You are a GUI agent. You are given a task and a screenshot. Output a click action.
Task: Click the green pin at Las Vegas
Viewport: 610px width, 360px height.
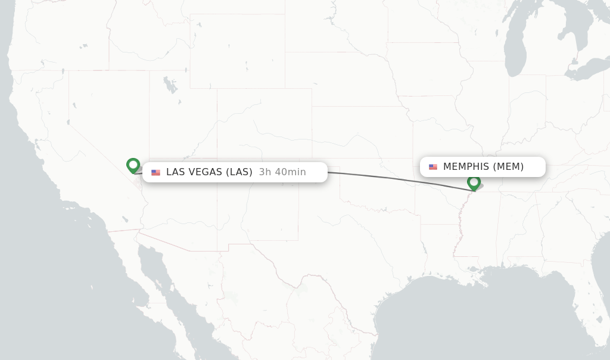[133, 165]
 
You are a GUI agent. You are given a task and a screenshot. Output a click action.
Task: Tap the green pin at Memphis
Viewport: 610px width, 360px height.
[474, 182]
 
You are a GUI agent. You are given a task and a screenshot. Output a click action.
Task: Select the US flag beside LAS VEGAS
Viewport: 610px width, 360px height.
[155, 172]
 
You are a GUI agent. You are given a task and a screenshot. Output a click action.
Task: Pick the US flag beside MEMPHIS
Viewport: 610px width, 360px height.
[433, 167]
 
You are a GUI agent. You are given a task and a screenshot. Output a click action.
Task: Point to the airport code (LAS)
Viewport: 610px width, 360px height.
[239, 172]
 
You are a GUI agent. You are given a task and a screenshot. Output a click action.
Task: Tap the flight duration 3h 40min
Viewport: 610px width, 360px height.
[282, 172]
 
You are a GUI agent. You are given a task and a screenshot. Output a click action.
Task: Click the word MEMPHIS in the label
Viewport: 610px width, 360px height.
[466, 167]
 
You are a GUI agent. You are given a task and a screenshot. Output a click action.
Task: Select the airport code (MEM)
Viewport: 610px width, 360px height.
[508, 167]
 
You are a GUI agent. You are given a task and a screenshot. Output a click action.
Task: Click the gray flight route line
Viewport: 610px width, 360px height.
[387, 177]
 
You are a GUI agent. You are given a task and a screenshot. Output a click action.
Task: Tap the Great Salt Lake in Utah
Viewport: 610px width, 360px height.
[170, 84]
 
